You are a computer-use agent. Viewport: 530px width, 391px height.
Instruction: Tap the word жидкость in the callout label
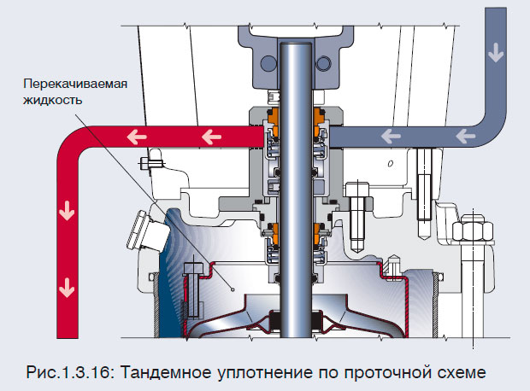53,100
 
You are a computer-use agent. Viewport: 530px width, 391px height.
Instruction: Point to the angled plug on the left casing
140,231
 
